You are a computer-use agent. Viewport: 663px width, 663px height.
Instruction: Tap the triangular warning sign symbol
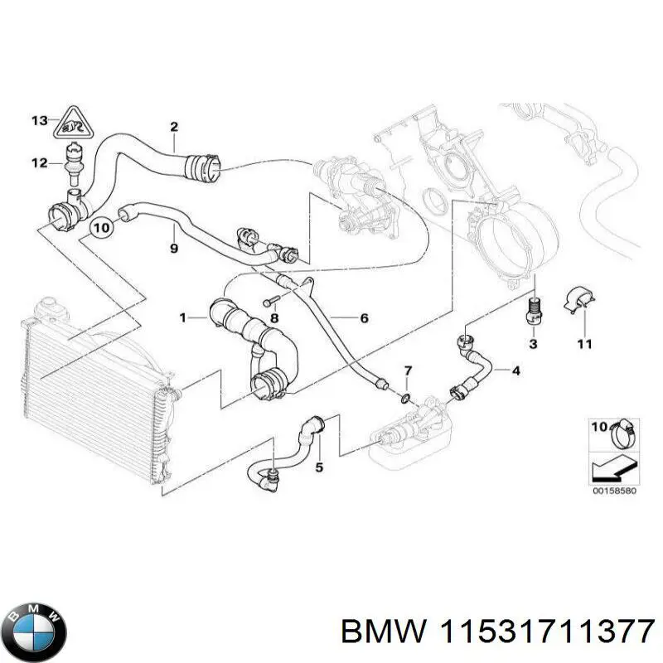click(73, 124)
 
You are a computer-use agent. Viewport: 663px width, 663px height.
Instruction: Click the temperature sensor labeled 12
click(73, 159)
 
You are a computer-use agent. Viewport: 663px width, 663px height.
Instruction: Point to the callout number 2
click(174, 127)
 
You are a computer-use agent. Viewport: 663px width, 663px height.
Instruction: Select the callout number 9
click(173, 248)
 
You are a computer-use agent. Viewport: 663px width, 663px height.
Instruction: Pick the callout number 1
click(183, 317)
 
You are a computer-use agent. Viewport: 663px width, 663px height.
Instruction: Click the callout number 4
click(515, 370)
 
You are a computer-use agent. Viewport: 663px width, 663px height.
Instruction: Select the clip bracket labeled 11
click(582, 302)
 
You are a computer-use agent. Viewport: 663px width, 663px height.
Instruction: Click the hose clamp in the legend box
click(622, 431)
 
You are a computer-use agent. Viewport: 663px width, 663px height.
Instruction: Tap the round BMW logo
click(34, 622)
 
